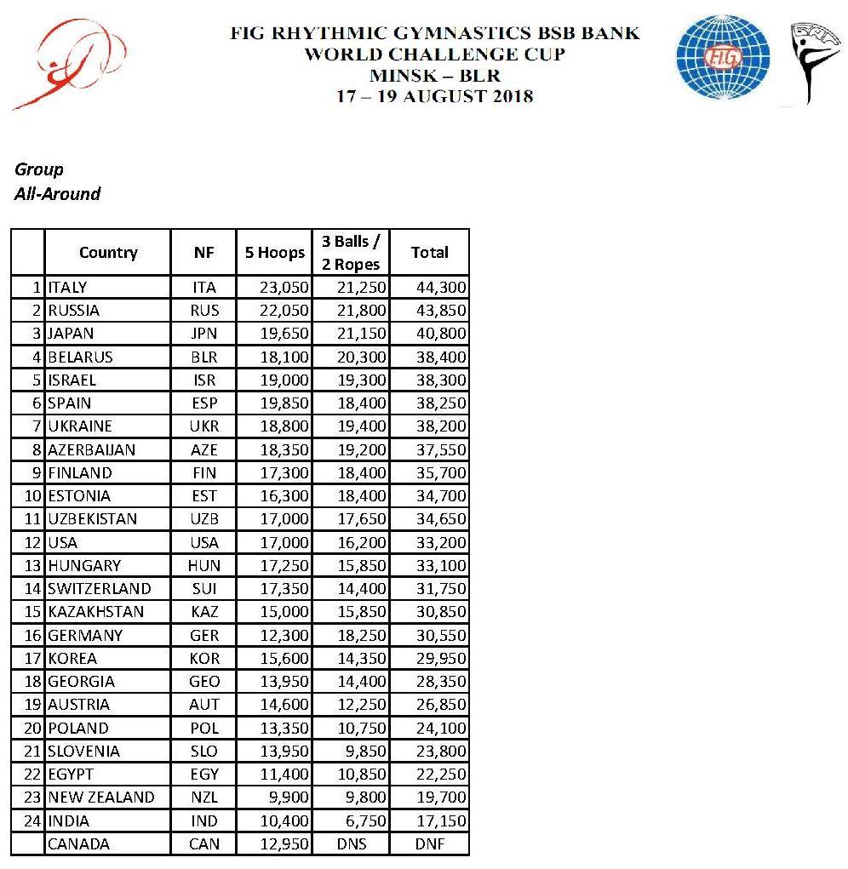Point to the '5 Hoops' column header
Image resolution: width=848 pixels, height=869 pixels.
(x=270, y=252)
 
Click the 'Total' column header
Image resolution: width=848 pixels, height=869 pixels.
(x=429, y=252)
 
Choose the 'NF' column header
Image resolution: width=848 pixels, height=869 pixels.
(x=204, y=252)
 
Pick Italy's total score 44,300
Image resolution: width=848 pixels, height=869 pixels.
(x=441, y=287)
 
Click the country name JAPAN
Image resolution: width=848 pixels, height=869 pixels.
(x=72, y=334)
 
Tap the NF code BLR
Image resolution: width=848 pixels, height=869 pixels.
(x=204, y=357)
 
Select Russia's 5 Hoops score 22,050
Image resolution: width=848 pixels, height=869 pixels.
(x=284, y=311)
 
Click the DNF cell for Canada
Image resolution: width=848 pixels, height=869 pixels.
(x=429, y=844)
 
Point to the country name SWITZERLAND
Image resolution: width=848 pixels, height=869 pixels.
(x=100, y=589)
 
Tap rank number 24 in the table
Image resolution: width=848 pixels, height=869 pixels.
(x=32, y=821)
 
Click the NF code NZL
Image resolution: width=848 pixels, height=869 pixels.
(x=204, y=798)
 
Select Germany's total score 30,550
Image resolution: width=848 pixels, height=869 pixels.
(x=441, y=635)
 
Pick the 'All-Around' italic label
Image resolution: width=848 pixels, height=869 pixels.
(x=57, y=194)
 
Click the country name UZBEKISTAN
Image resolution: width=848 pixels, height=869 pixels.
(x=93, y=519)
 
